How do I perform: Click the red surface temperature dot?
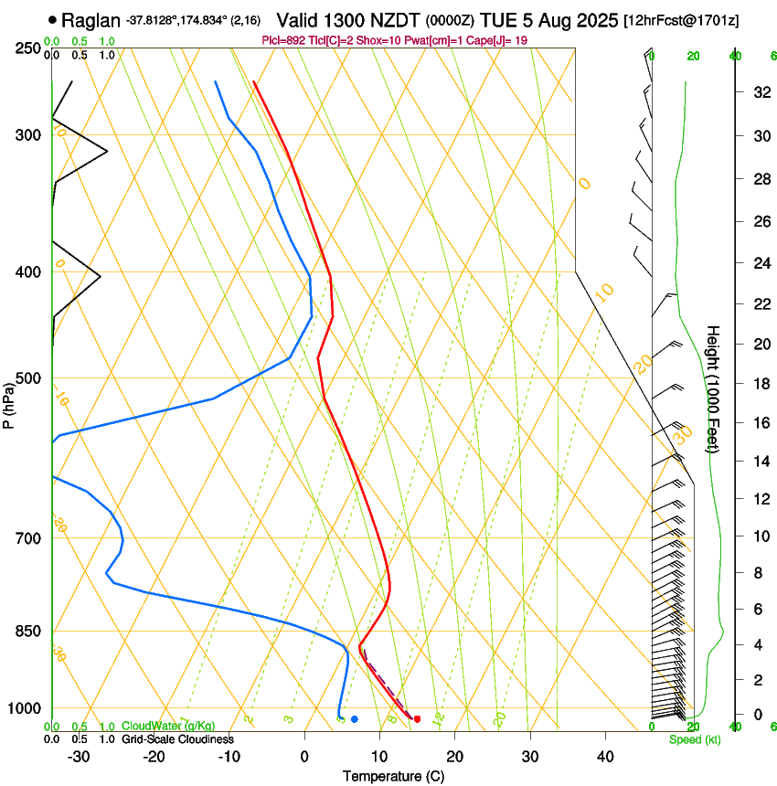[x=417, y=719]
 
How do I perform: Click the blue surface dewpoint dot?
[x=355, y=719]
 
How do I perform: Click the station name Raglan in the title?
[x=91, y=19]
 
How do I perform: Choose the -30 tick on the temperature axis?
[x=79, y=757]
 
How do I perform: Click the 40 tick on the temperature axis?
[x=605, y=757]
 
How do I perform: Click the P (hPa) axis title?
[x=8, y=403]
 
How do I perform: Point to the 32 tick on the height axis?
[x=758, y=92]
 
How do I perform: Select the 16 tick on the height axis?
[x=758, y=423]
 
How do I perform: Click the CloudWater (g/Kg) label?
[x=168, y=727]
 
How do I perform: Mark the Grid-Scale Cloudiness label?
[x=177, y=739]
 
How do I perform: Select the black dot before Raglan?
[x=52, y=19]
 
